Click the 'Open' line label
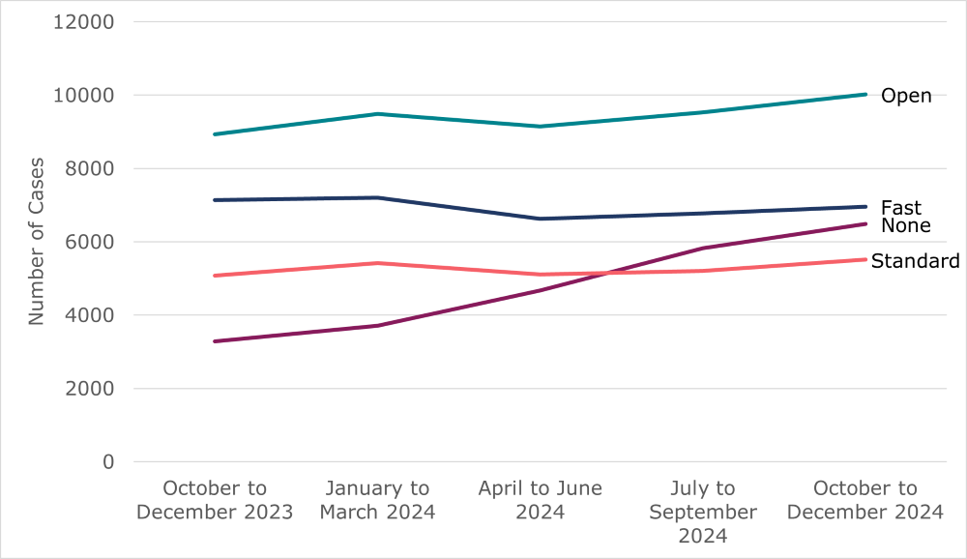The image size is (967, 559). [x=905, y=96]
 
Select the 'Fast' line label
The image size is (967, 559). [x=900, y=208]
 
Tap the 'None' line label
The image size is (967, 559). [x=905, y=226]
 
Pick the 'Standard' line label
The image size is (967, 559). [x=915, y=261]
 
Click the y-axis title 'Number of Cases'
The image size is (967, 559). [x=36, y=241]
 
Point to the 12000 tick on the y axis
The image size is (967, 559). [x=81, y=22]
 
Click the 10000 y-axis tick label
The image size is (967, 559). [x=81, y=96]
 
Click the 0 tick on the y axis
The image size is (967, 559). [x=108, y=462]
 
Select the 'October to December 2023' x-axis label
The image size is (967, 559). [x=215, y=500]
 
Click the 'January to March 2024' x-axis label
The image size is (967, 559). [x=377, y=500]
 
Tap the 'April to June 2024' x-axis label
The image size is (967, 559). [x=540, y=500]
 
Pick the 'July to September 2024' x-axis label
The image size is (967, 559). [x=703, y=512]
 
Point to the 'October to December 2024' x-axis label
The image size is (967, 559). [x=865, y=500]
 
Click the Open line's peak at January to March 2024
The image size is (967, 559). [x=377, y=114]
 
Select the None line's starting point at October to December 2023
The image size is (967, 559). [x=215, y=341]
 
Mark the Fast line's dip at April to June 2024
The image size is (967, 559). [x=540, y=219]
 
